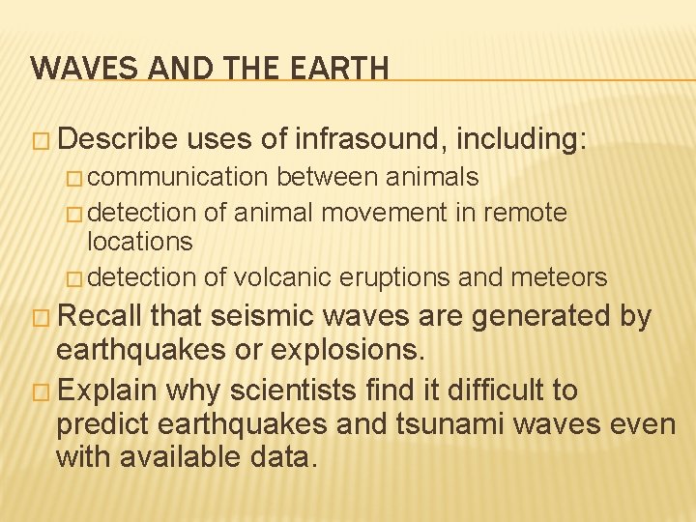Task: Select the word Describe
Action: pyautogui.click(x=117, y=140)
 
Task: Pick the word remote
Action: pyautogui.click(x=527, y=213)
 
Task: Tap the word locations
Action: pyautogui.click(x=140, y=242)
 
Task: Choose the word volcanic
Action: pyautogui.click(x=278, y=278)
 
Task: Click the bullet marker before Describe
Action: pyautogui.click(x=39, y=141)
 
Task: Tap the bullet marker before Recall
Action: pyautogui.click(x=39, y=317)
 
